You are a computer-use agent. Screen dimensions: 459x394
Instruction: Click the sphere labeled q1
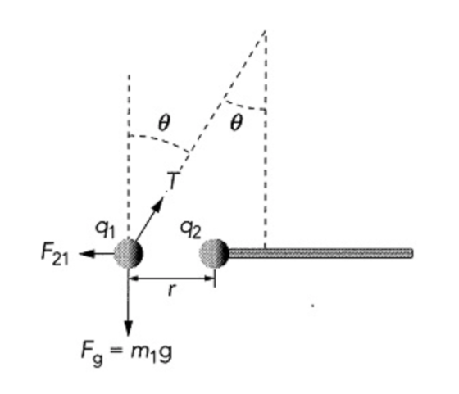pyautogui.click(x=129, y=253)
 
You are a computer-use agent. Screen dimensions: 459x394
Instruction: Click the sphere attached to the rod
pyautogui.click(x=214, y=253)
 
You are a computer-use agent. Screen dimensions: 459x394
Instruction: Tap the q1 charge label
pyautogui.click(x=105, y=229)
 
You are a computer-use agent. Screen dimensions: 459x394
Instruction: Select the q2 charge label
pyautogui.click(x=190, y=229)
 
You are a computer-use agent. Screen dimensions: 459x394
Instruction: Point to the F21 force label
pyautogui.click(x=55, y=255)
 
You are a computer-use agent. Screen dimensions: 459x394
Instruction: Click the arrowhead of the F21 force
pyautogui.click(x=87, y=254)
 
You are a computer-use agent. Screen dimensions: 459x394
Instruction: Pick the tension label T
pyautogui.click(x=173, y=180)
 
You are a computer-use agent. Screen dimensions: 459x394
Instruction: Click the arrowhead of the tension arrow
pyautogui.click(x=158, y=204)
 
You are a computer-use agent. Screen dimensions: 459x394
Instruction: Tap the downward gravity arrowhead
pyautogui.click(x=128, y=328)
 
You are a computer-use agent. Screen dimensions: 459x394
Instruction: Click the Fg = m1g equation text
pyautogui.click(x=126, y=352)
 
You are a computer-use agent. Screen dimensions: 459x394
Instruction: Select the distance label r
pyautogui.click(x=172, y=289)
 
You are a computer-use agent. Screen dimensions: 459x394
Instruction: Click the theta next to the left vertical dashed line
pyautogui.click(x=164, y=123)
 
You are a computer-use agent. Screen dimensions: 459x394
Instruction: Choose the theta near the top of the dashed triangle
pyautogui.click(x=237, y=122)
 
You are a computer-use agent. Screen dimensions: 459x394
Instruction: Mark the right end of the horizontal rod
pyautogui.click(x=412, y=253)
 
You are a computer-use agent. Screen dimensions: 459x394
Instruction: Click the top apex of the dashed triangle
pyautogui.click(x=265, y=30)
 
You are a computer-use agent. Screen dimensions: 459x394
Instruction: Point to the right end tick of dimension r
pyautogui.click(x=215, y=279)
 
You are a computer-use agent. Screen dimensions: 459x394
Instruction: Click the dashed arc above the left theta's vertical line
pyautogui.click(x=160, y=141)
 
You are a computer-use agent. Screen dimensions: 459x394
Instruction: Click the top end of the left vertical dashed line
pyautogui.click(x=129, y=75)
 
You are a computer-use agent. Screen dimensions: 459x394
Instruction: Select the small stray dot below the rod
pyautogui.click(x=312, y=306)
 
